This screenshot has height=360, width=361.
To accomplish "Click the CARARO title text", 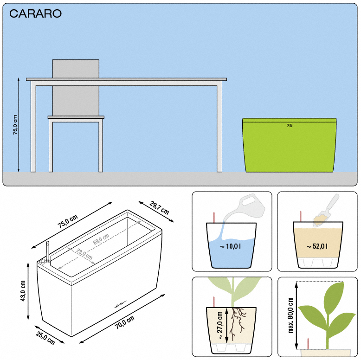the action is tap(35, 13).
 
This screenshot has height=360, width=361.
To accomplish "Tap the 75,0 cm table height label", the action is tap(15, 125).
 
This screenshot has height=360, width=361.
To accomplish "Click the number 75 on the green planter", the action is tap(290, 125).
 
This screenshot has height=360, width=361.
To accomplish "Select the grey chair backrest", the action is tap(76, 88).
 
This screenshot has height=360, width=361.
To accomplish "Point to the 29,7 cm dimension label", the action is tap(159, 208).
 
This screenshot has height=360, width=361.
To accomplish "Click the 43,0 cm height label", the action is tap(23, 291).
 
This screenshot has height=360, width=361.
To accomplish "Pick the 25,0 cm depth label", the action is tap(45, 338).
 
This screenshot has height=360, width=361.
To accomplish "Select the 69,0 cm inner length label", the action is tap(101, 239).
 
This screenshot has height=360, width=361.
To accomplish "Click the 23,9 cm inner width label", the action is tap(84, 254).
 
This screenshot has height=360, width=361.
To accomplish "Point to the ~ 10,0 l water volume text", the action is tap(230, 246).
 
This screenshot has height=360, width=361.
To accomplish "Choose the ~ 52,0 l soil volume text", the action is tap(317, 246).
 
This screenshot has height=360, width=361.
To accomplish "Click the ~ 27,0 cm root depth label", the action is tap(219, 325).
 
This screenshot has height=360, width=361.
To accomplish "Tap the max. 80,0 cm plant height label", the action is tap(290, 315).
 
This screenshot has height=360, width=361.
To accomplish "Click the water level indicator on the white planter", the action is tap(48, 251).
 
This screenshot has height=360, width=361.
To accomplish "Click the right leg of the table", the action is tap(219, 129).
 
